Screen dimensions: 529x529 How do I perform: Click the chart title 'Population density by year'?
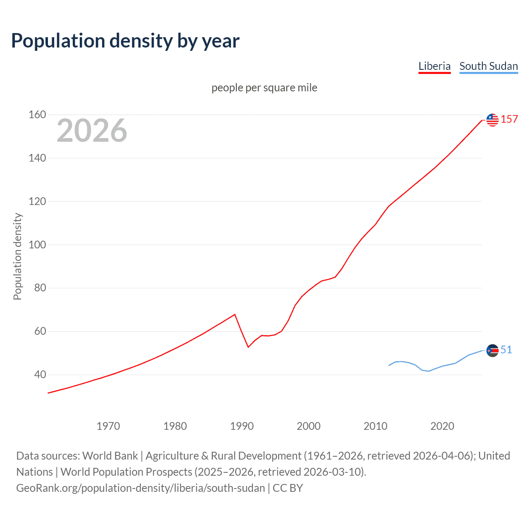point(125,41)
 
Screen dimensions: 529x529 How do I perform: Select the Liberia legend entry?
point(434,66)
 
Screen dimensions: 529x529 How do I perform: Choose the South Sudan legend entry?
point(488,66)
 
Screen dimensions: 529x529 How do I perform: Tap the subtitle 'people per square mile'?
point(264,88)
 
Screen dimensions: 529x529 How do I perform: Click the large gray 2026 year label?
point(92,131)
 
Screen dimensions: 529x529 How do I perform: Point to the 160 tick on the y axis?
point(37,114)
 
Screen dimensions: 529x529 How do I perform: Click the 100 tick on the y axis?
point(37,245)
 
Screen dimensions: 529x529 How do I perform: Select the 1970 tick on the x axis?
point(108,426)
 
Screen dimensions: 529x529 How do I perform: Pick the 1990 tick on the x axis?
point(242,426)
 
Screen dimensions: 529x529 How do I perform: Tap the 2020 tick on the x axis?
point(442,426)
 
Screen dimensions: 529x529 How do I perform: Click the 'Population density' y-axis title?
point(17,256)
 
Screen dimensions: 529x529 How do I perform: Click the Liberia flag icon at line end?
point(492,120)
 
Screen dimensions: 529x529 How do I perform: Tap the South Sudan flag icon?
point(492,350)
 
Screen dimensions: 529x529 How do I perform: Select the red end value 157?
point(509,119)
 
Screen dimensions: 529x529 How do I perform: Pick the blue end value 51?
point(506,350)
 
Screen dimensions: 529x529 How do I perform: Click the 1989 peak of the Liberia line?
point(235,315)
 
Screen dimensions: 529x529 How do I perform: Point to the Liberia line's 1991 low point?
point(248,347)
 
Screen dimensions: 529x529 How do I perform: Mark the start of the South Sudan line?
point(389,365)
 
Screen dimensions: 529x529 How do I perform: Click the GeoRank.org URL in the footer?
point(141,488)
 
